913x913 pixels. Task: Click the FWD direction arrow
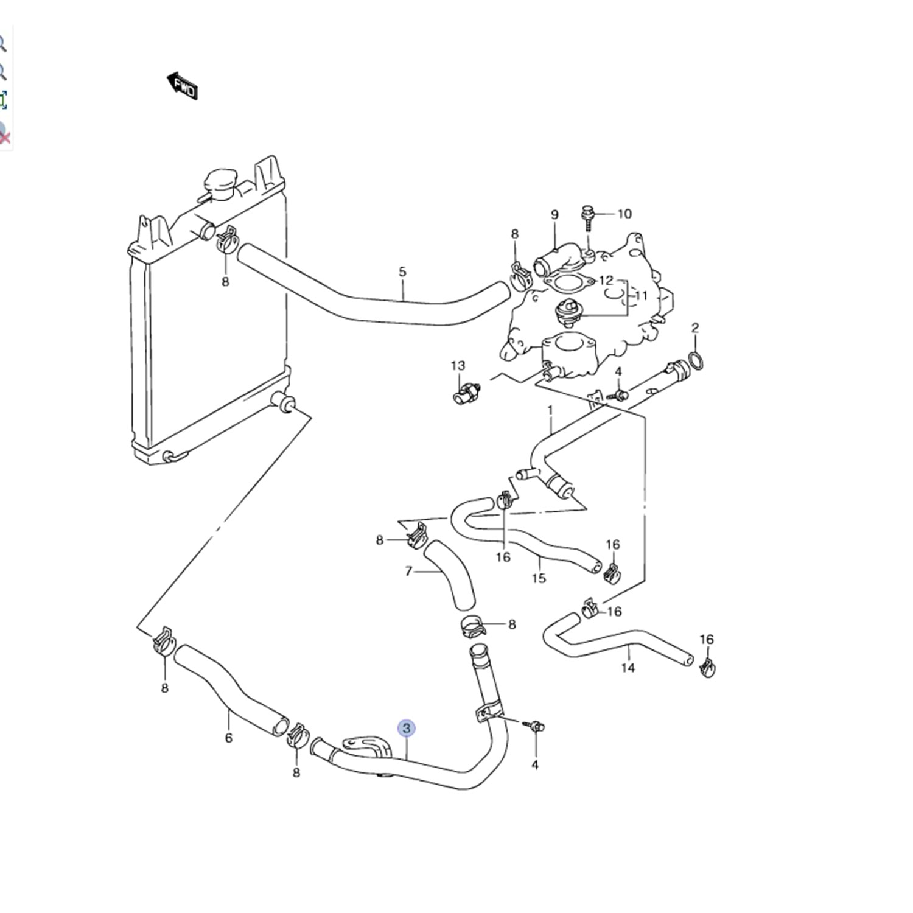click(x=182, y=86)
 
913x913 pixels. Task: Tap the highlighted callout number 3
click(x=407, y=728)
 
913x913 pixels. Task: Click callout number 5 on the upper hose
click(x=402, y=271)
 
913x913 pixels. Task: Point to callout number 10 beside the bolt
click(x=624, y=214)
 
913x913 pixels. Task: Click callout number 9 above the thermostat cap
click(x=554, y=214)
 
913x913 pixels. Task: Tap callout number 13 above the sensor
click(x=458, y=365)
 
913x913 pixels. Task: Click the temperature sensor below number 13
click(x=466, y=393)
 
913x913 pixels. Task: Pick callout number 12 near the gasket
click(x=606, y=281)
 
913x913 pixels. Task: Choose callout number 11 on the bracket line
click(x=642, y=296)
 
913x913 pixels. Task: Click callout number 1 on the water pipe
click(x=550, y=410)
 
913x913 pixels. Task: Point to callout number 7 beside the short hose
click(x=408, y=571)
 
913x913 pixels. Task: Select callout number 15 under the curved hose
click(x=539, y=577)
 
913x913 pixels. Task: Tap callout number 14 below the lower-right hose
click(x=628, y=667)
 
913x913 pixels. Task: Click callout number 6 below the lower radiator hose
click(x=229, y=738)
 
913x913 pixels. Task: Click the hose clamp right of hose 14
click(x=707, y=668)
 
